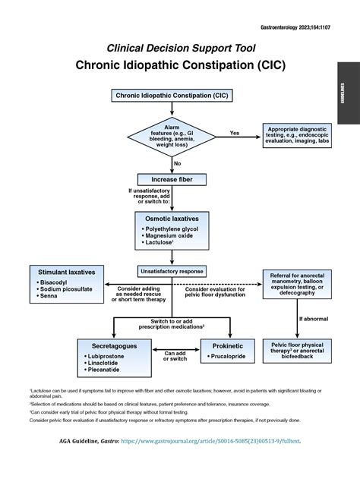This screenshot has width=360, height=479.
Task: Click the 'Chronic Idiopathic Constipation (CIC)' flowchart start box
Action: tap(171, 96)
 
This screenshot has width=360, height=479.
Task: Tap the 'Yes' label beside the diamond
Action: tap(234, 133)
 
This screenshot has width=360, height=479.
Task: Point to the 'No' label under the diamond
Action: tap(177, 163)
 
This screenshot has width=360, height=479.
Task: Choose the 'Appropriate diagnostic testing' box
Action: tap(298, 136)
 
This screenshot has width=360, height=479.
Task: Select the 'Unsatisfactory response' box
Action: tap(171, 270)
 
